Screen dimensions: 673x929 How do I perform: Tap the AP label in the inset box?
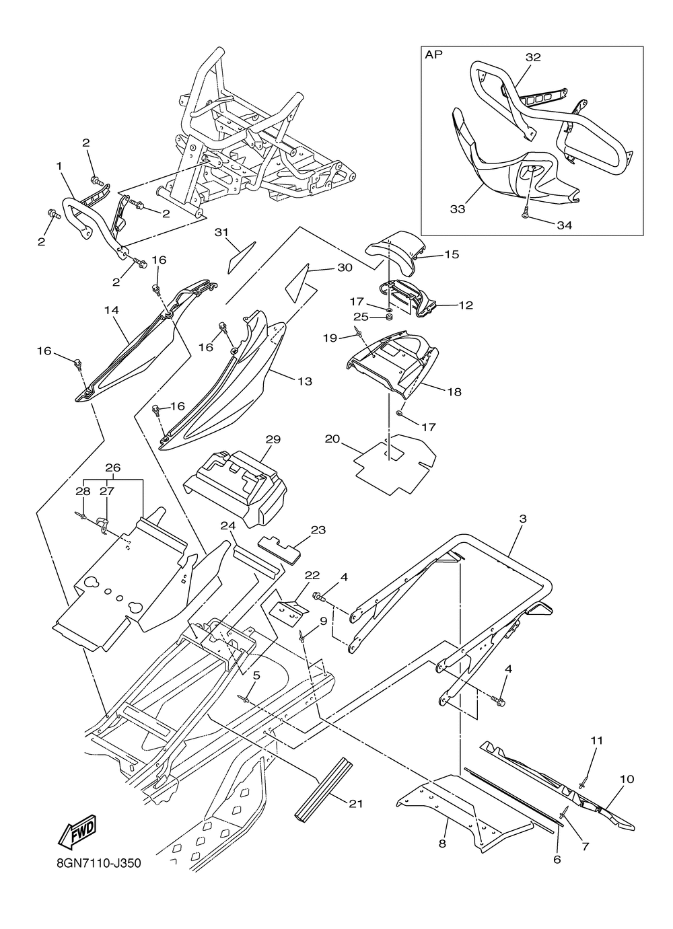(434, 54)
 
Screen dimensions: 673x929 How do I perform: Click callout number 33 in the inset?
(458, 209)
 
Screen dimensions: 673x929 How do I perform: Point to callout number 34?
(564, 225)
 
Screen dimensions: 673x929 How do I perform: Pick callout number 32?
(533, 57)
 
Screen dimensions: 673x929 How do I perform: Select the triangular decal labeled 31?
(242, 258)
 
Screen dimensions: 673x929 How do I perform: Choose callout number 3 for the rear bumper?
(523, 519)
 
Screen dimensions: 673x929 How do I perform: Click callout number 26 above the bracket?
(113, 468)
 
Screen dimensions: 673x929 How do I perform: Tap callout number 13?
(305, 381)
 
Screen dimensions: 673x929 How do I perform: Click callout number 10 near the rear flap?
(627, 779)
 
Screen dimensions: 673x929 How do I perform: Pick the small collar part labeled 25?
(389, 318)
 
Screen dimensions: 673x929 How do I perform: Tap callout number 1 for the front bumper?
(59, 166)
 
